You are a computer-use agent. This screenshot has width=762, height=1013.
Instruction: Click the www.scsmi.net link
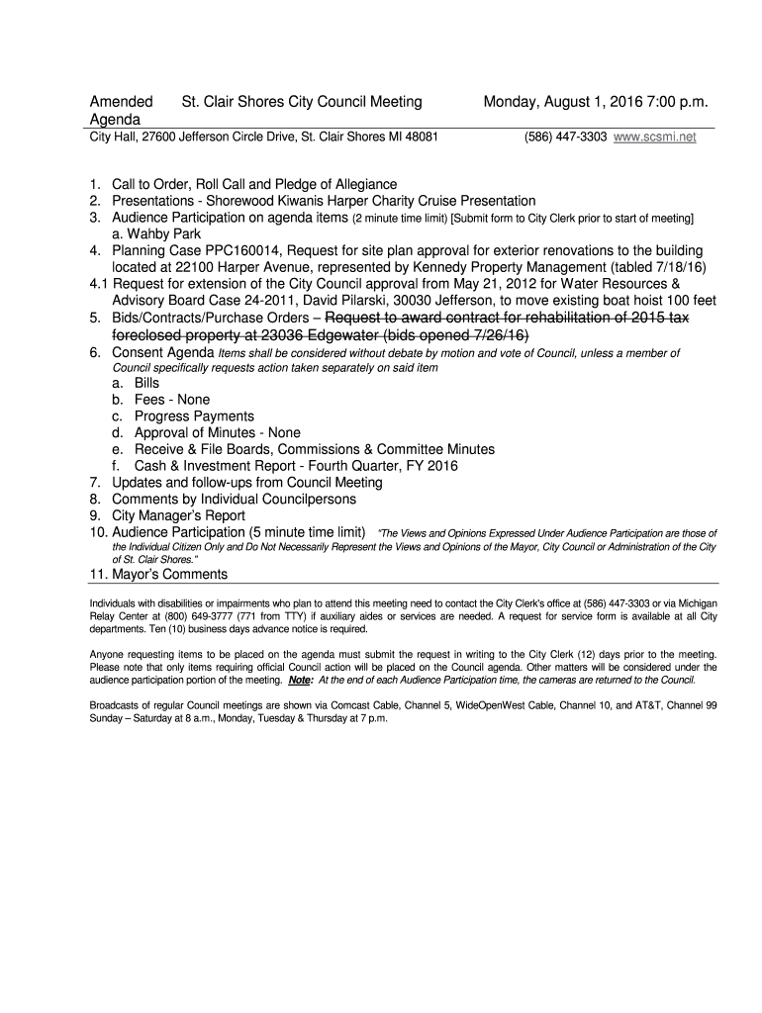(x=655, y=138)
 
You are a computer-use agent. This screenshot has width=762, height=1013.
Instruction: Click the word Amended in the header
(x=122, y=101)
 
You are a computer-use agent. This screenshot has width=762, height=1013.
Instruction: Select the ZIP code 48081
(x=421, y=138)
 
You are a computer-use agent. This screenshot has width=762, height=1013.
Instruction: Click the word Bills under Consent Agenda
(x=146, y=383)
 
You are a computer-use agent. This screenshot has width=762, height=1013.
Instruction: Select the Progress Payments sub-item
(x=194, y=416)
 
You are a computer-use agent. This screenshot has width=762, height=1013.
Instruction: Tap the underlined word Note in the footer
(x=298, y=681)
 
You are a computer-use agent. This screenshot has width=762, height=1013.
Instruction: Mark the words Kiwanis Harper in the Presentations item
(x=307, y=201)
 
